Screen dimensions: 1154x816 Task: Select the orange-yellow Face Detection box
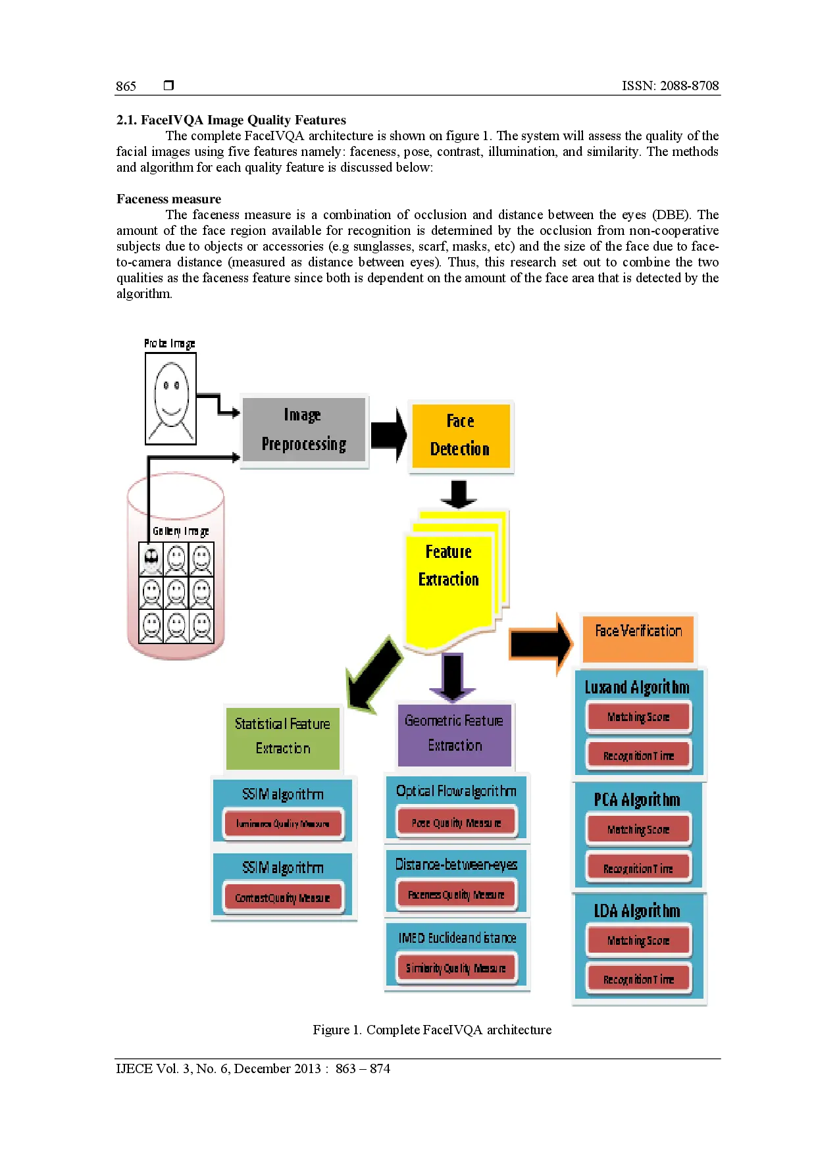click(x=460, y=436)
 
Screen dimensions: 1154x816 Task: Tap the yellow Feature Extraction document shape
click(x=449, y=579)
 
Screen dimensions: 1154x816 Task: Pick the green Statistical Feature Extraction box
click(x=283, y=737)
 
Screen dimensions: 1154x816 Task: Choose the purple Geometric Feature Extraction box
click(x=454, y=734)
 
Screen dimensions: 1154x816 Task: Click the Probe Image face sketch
click(x=171, y=399)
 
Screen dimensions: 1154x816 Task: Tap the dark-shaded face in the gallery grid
click(x=151, y=559)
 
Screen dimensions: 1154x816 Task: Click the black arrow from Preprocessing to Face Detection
click(x=388, y=435)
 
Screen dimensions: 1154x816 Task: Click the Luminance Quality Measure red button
click(x=283, y=824)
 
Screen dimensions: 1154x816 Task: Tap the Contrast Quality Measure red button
click(x=283, y=898)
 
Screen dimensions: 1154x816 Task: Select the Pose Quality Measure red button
click(x=457, y=822)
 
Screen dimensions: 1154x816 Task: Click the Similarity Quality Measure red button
click(x=457, y=968)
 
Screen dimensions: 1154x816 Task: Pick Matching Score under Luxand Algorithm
click(x=638, y=717)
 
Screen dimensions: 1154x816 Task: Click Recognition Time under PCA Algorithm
click(x=638, y=868)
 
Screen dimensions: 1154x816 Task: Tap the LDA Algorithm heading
click(x=637, y=911)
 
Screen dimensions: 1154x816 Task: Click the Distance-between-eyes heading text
click(x=457, y=865)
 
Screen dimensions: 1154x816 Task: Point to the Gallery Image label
click(x=181, y=531)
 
